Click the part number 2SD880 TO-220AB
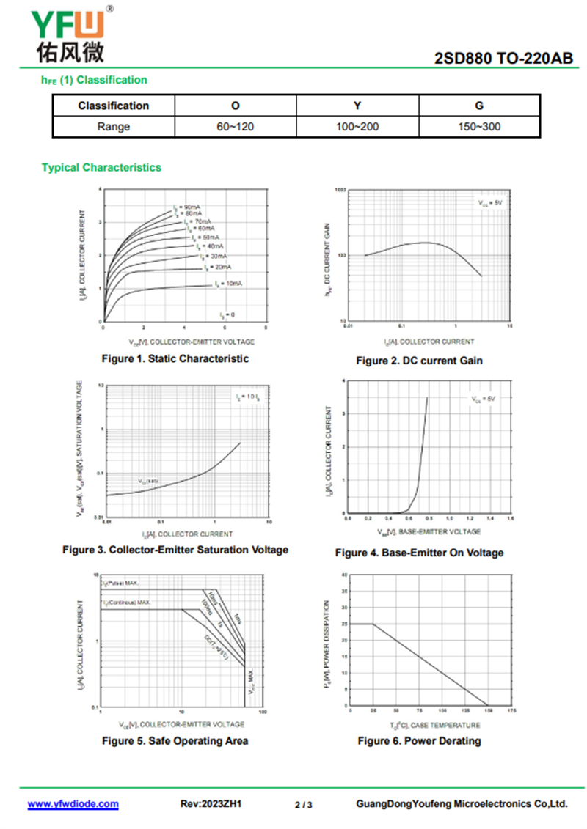[503, 59]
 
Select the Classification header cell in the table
[113, 106]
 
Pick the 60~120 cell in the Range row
[235, 126]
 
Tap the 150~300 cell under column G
[479, 126]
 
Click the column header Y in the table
[357, 106]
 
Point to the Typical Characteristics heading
[101, 167]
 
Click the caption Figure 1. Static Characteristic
[175, 359]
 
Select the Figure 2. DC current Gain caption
[419, 361]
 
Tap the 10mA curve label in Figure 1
[230, 283]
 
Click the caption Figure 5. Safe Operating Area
[175, 741]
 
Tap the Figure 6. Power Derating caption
[419, 741]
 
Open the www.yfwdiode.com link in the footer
[73, 804]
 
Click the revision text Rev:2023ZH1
[211, 804]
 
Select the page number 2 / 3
[304, 805]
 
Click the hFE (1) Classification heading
[95, 80]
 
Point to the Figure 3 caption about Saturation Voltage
[175, 550]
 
